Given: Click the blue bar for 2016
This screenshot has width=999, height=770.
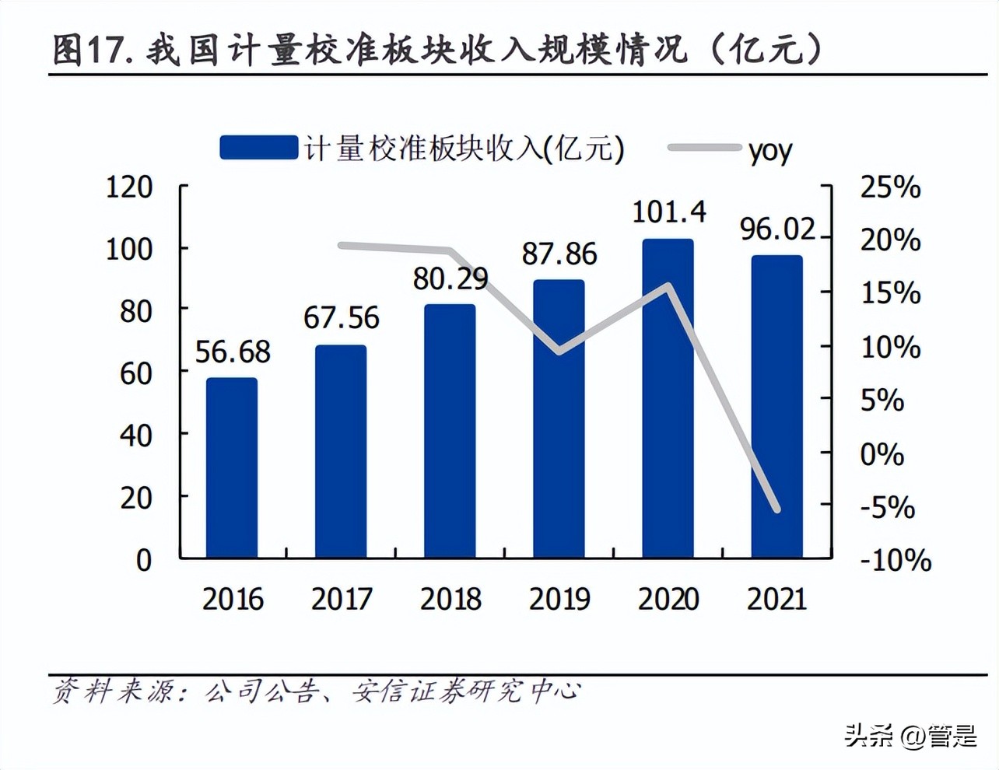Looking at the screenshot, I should coord(232,468).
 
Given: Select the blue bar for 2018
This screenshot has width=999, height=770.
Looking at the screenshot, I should coord(450,432).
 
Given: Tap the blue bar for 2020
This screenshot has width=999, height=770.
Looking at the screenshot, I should coord(668,398).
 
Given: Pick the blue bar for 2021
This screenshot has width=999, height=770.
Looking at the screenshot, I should coord(776,407).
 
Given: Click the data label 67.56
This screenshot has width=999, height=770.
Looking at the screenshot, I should coord(341,317).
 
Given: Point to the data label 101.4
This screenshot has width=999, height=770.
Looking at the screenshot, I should coord(668,212).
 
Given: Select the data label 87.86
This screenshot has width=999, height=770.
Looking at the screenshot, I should coord(559,254).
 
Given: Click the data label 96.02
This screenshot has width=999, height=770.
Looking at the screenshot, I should coord(777,229).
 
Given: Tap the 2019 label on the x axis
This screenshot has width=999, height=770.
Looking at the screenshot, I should coord(559,599).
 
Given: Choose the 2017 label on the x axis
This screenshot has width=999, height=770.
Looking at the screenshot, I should coord(342,599).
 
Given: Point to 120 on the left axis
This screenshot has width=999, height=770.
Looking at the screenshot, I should coord(129,187).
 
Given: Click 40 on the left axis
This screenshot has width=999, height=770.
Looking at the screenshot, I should coord(135,436).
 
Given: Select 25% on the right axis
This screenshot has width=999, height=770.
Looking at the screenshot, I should coord(890,187).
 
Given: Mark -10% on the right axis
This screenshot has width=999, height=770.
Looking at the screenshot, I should coord(895,560).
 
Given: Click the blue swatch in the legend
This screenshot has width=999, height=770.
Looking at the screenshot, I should coord(258,148).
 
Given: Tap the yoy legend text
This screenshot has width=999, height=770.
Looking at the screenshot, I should coord(770,149).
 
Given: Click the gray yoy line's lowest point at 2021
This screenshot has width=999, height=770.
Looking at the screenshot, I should coord(776,509).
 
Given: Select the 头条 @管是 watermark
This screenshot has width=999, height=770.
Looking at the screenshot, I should coord(910,734).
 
